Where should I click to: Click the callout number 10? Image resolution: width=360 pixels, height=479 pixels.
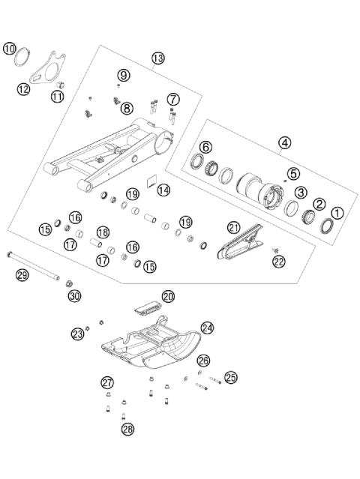pos(10,48)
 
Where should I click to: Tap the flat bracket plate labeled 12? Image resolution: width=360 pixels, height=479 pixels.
pos(48,67)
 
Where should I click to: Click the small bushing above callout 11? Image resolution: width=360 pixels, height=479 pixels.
pos(60,84)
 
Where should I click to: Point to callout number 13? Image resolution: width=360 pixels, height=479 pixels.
pos(158,58)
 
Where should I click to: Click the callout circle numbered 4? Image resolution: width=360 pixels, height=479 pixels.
pos(284,142)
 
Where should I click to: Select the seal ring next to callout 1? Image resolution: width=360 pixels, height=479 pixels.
pos(327,226)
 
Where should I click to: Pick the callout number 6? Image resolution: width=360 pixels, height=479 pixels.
pos(205,147)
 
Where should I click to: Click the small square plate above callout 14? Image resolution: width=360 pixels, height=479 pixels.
pos(151,181)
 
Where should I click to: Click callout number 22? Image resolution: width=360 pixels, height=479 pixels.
pos(279,262)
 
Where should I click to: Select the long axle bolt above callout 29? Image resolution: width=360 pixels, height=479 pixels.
pos(33,265)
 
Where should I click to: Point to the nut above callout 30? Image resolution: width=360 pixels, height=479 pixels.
pos(69,284)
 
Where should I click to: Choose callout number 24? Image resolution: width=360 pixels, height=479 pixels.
pos(208,328)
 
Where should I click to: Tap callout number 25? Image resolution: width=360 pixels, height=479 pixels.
pos(231,377)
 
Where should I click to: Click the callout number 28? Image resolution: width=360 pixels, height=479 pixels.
pos(128,430)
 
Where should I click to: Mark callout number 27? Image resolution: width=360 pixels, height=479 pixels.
pos(107,382)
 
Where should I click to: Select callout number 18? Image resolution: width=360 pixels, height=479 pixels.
pos(103,232)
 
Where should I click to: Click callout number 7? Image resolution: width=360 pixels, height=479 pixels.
pos(173,99)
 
